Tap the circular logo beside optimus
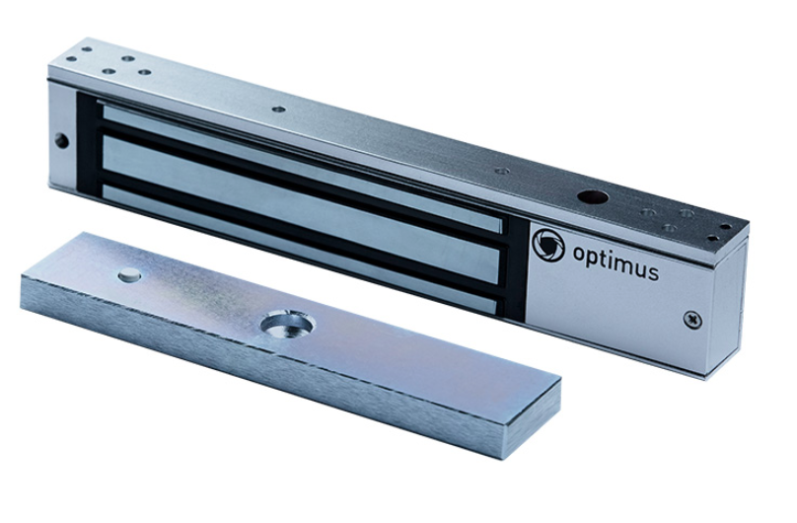[x=548, y=245]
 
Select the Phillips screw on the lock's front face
[x=691, y=319]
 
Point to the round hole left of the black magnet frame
[x=61, y=140]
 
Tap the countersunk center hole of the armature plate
[x=287, y=326]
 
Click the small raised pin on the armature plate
[x=129, y=274]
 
